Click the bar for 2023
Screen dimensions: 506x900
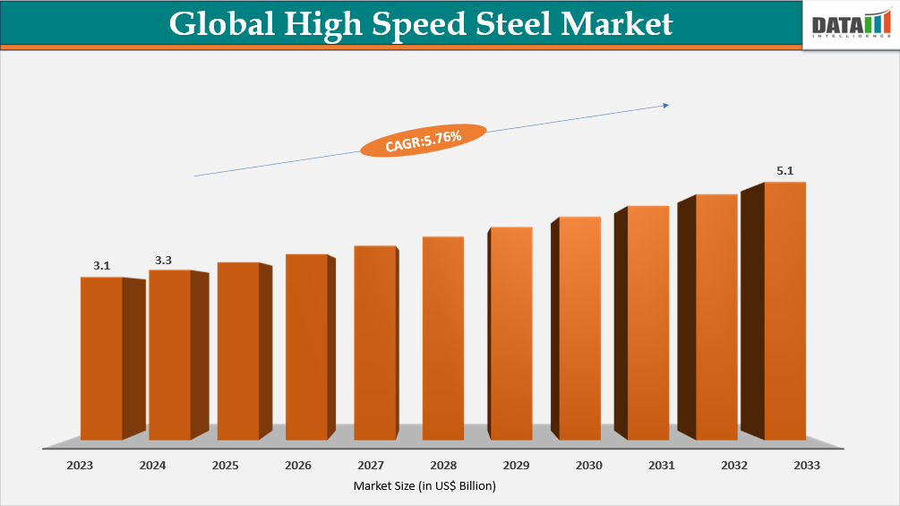[101, 358]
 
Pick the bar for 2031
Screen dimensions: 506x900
[647, 322]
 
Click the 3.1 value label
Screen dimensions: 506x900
[101, 266]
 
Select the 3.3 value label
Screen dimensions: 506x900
[163, 260]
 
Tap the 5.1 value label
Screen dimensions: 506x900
[784, 171]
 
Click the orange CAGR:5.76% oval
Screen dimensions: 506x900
[423, 140]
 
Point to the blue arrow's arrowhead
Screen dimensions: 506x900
[665, 106]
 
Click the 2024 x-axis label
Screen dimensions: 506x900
[153, 466]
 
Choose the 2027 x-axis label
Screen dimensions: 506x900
[371, 466]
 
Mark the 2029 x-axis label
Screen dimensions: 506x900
[516, 466]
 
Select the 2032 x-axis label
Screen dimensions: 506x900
[733, 466]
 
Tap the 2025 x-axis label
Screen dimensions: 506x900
[226, 466]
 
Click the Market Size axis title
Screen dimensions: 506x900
[424, 485]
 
